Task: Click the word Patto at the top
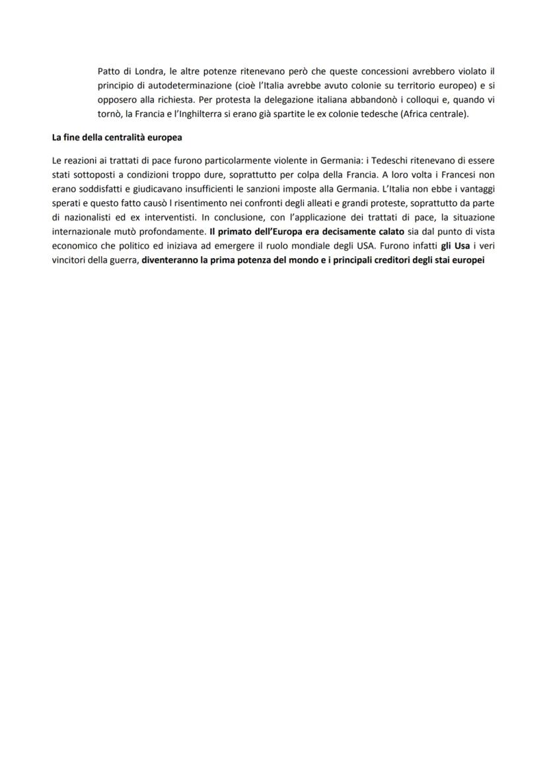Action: (x=108, y=71)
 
